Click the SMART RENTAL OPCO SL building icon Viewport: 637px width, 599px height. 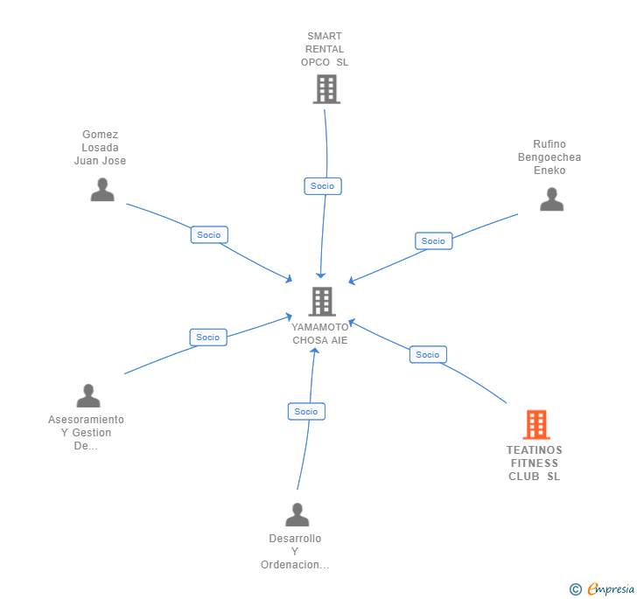pos(325,89)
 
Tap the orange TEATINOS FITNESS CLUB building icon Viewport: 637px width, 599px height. pos(535,425)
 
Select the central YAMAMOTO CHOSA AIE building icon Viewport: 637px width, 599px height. pos(321,302)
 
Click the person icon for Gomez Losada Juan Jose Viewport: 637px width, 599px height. pos(102,190)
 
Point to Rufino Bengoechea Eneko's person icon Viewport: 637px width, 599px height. pos(551,199)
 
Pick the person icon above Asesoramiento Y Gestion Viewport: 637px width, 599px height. pos(88,396)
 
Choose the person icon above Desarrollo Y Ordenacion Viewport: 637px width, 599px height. pos(297,515)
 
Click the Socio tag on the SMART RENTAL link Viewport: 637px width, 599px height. pos(322,185)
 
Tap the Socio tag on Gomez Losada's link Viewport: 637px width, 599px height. pos(209,234)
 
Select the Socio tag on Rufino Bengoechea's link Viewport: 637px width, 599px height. pos(433,240)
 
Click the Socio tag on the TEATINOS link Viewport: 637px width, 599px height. pos(428,354)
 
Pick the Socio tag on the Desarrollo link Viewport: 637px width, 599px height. pos(306,411)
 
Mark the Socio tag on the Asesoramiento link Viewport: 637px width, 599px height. pos(208,337)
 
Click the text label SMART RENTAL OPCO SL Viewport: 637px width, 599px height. pos(325,49)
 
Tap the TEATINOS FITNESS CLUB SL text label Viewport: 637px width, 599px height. pos(535,463)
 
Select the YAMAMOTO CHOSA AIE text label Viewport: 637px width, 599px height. pos(320,333)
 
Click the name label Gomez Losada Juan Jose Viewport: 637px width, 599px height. pos(100,148)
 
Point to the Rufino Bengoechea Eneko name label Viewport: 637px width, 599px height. pos(549,157)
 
